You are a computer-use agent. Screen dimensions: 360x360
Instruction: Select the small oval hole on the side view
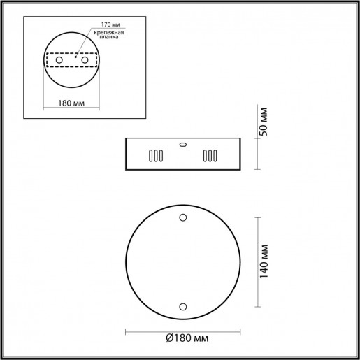point(183,145)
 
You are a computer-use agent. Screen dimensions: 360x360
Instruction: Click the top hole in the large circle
point(183,217)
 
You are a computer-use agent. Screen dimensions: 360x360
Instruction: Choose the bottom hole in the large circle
point(183,305)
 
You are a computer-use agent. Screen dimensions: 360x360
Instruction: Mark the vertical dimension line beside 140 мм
point(257,261)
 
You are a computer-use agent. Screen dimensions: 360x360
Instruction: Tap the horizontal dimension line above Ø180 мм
point(183,330)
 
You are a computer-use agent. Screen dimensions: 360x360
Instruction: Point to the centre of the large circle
point(183,261)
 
